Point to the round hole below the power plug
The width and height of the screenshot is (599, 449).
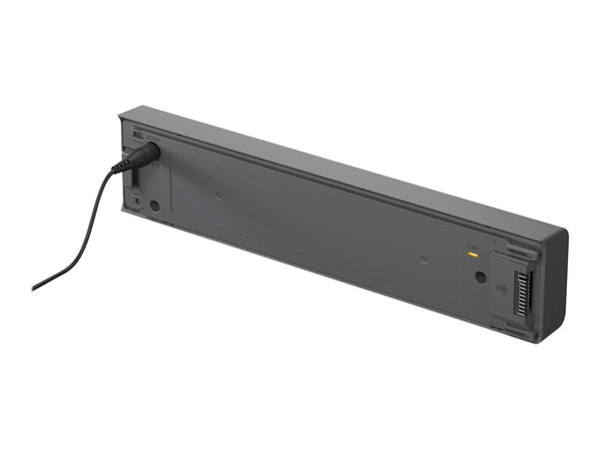point(154,206)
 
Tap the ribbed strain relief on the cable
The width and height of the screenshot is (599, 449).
point(121,165)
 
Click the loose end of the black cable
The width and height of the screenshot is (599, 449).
point(35,287)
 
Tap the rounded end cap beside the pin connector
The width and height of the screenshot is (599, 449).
point(555,284)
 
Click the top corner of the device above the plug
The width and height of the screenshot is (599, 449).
point(123,113)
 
